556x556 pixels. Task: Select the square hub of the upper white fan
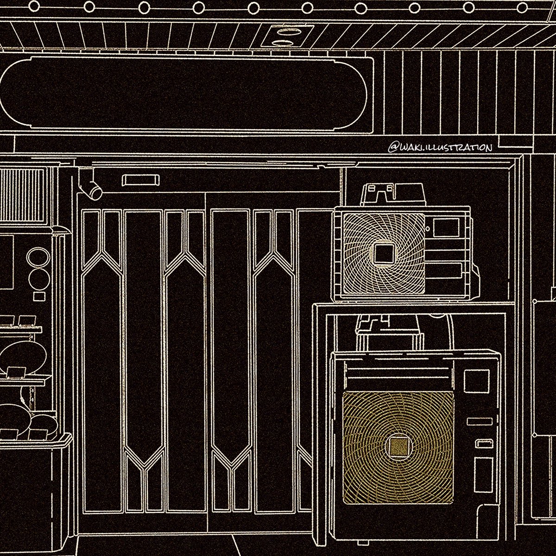coord(383,253)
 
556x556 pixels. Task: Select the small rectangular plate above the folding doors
coord(134,180)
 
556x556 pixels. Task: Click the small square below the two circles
coord(40,295)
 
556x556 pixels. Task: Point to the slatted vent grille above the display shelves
coord(22,195)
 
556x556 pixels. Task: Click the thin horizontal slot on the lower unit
coord(479,421)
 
